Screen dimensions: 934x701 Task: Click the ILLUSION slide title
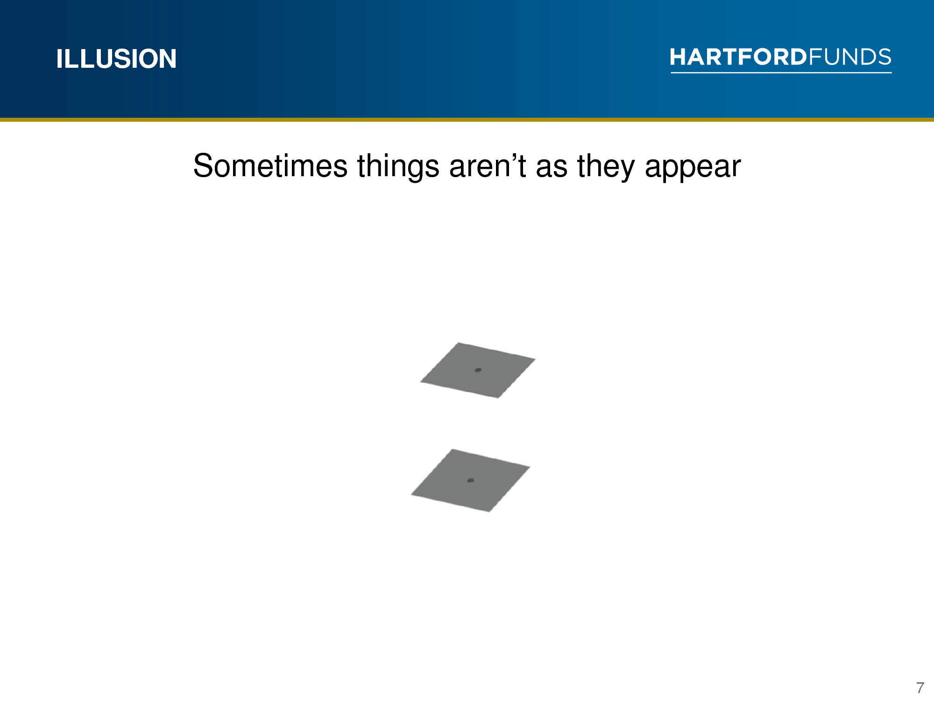pyautogui.click(x=116, y=59)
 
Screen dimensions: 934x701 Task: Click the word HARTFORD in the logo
pyautogui.click(x=738, y=57)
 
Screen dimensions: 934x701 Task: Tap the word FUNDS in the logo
pyautogui.click(x=849, y=57)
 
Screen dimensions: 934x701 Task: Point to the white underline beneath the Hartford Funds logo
pyautogui.click(x=781, y=72)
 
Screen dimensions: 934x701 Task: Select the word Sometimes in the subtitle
pyautogui.click(x=270, y=166)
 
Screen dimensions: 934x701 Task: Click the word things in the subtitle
pyautogui.click(x=398, y=167)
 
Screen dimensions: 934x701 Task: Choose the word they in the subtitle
pyautogui.click(x=606, y=167)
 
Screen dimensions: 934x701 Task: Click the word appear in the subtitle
pyautogui.click(x=693, y=170)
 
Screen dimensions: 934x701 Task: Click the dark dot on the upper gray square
pyautogui.click(x=478, y=370)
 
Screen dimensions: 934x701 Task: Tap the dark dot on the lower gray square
pyautogui.click(x=471, y=480)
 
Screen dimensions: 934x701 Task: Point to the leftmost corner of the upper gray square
pyautogui.click(x=421, y=382)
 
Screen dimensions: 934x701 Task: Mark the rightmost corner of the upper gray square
pyautogui.click(x=535, y=359)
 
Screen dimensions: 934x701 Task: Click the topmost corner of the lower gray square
pyautogui.click(x=452, y=449)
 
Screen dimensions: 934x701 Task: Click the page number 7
pyautogui.click(x=920, y=688)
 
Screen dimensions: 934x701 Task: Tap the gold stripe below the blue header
pyautogui.click(x=467, y=120)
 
